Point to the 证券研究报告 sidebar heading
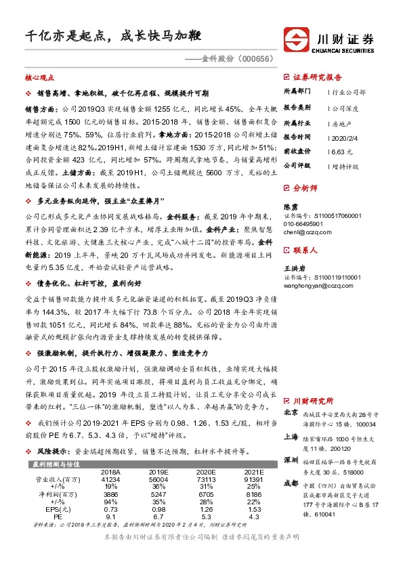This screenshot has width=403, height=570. pyautogui.click(x=317, y=77)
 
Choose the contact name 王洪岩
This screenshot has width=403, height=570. pyautogui.click(x=293, y=269)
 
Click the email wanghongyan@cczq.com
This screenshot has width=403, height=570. pyautogui.click(x=316, y=286)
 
